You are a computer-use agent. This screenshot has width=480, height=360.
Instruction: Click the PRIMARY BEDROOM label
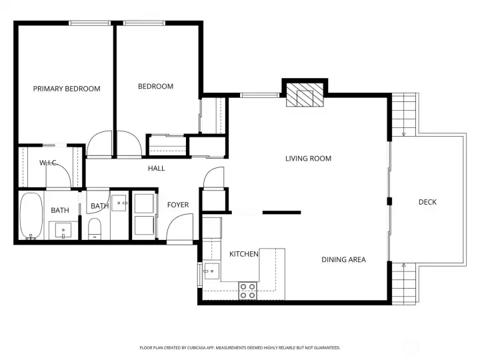67,89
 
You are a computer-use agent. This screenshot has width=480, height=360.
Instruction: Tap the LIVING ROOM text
308,159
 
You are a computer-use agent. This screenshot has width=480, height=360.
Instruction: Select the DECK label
427,202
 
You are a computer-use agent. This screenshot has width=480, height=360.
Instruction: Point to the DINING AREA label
343,259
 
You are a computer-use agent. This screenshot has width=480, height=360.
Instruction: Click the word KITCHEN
244,254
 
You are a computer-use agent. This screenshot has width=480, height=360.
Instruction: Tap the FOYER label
178,205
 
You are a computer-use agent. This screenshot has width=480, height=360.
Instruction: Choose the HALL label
157,168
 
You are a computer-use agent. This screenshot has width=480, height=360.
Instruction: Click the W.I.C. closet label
49,163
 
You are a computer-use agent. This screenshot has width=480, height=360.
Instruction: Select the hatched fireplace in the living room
305,95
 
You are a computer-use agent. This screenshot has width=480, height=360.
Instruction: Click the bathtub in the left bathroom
31,215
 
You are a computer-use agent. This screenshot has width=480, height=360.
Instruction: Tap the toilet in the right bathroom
95,229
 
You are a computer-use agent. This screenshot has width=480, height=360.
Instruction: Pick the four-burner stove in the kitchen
247,291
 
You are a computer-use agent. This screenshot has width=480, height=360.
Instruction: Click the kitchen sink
212,271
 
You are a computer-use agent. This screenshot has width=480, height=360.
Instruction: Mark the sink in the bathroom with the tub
63,230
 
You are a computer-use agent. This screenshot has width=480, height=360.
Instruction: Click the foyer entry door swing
180,227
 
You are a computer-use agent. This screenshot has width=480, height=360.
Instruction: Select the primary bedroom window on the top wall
89,23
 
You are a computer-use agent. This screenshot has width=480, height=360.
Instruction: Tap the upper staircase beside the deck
404,115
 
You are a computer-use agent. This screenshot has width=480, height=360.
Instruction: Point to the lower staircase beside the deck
404,283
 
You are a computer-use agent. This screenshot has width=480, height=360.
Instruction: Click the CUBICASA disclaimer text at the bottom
240,348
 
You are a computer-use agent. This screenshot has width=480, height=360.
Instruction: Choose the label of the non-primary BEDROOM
155,87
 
